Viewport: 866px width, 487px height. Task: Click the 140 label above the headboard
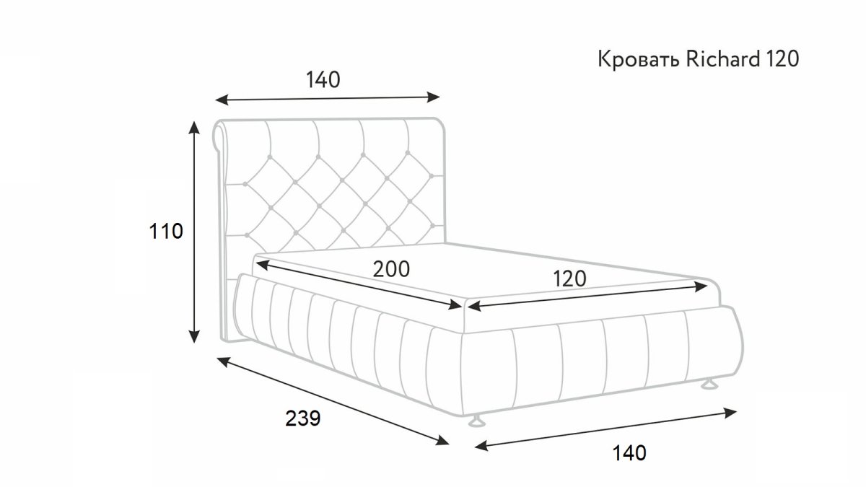tap(323, 79)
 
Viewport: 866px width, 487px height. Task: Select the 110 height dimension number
tap(166, 232)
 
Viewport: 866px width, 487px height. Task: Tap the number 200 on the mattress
tap(391, 269)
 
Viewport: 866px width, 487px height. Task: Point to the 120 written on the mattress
tap(569, 278)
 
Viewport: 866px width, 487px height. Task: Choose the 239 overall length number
tap(303, 418)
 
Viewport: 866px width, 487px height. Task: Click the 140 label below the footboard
tap(629, 452)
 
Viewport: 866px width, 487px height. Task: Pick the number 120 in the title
tap(782, 59)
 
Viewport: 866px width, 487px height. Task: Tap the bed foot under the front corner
tap(477, 421)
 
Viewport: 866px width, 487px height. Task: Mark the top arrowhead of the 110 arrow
tap(194, 127)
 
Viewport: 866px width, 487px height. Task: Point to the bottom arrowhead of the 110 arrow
tap(194, 337)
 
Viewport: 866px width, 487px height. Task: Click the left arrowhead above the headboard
tap(222, 100)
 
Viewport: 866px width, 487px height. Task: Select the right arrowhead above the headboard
tap(433, 97)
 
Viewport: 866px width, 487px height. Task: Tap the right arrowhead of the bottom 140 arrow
tap(730, 413)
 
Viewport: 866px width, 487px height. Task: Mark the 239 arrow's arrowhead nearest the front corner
tap(442, 440)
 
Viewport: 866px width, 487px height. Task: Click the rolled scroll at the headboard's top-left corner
tap(219, 137)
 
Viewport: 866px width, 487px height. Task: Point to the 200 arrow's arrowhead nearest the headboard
tap(262, 265)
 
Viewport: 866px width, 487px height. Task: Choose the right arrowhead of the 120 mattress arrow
tap(701, 287)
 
